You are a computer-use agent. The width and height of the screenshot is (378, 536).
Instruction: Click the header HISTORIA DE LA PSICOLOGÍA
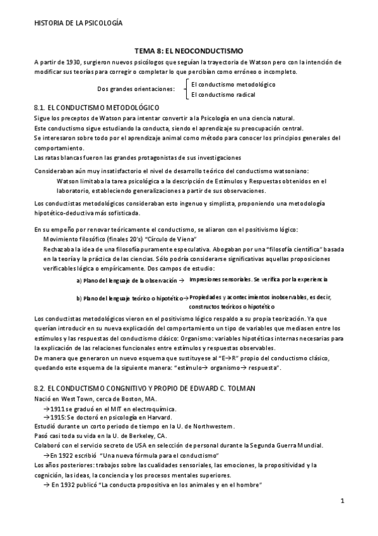point(78,23)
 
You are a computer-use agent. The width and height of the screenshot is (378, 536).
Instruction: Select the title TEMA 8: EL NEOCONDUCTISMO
point(189,51)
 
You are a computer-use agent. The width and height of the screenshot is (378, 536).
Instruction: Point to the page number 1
point(341,502)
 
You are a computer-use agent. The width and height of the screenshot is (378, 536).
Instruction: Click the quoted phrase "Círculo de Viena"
point(170,240)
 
